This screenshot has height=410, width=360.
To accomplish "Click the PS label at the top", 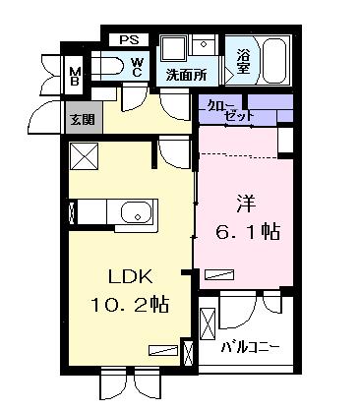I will click(128, 39).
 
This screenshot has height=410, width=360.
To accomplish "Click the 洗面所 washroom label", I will click(184, 74).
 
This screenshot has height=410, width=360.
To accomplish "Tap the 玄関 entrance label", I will click(81, 120).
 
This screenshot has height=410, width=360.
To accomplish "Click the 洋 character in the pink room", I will click(247, 206).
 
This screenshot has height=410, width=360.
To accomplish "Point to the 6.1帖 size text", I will click(248, 234).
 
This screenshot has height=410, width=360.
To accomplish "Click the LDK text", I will click(127, 276).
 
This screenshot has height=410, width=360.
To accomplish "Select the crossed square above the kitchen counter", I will click(84, 156).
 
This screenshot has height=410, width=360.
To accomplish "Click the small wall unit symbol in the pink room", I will click(285, 142).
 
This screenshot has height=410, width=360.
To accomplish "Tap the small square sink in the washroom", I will click(205, 44).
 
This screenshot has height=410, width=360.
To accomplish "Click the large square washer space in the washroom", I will click(174, 50).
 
